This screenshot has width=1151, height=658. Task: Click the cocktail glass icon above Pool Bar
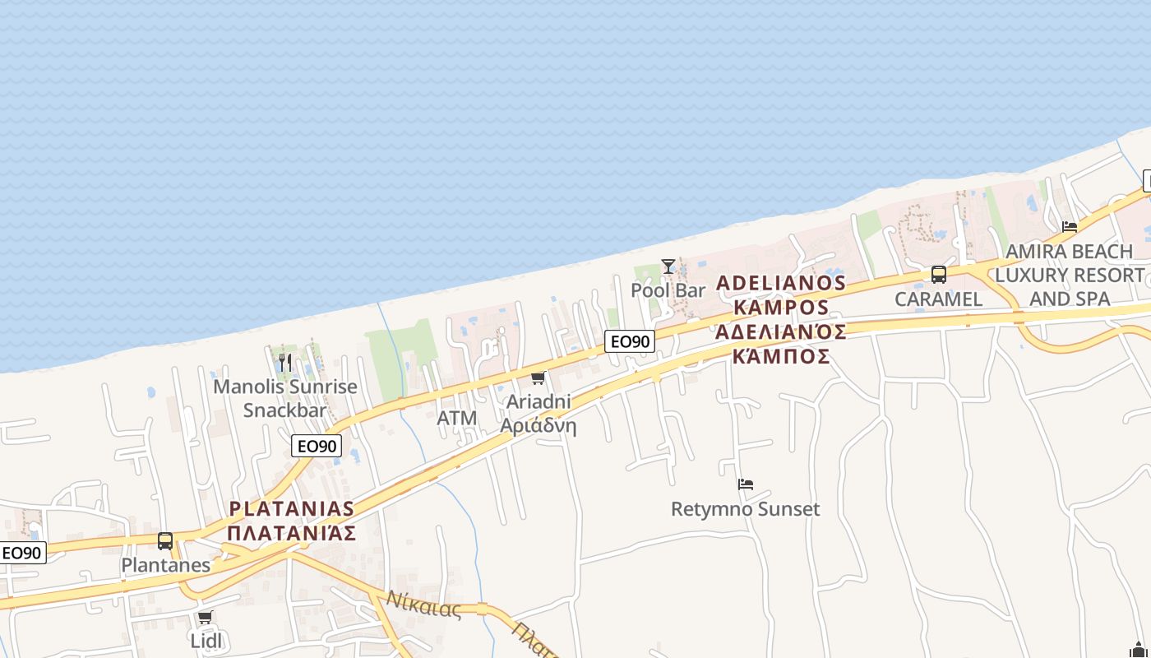pyautogui.click(x=668, y=266)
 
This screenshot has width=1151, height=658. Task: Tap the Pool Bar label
pyautogui.click(x=668, y=290)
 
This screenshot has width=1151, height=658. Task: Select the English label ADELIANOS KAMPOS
pyautogui.click(x=781, y=295)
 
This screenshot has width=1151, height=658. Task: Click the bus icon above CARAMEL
pyautogui.click(x=938, y=275)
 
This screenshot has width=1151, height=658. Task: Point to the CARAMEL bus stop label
pyautogui.click(x=938, y=299)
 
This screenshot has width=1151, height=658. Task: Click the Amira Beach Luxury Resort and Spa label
pyautogui.click(x=1070, y=275)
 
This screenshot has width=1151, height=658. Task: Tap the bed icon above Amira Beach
pyautogui.click(x=1070, y=227)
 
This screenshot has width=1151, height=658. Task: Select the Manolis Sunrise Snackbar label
pyautogui.click(x=285, y=398)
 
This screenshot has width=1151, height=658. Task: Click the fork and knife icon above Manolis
pyautogui.click(x=284, y=362)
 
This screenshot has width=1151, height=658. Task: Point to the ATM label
pyautogui.click(x=457, y=418)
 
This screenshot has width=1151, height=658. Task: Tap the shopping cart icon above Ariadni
pyautogui.click(x=538, y=378)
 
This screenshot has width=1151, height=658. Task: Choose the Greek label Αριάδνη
pyautogui.click(x=539, y=426)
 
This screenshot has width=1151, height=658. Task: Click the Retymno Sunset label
pyautogui.click(x=745, y=509)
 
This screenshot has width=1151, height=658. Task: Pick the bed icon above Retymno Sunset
pyautogui.click(x=746, y=484)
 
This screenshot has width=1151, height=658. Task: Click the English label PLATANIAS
pyautogui.click(x=292, y=508)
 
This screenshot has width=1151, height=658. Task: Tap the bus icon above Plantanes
pyautogui.click(x=165, y=541)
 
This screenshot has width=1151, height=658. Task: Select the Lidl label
pyautogui.click(x=206, y=641)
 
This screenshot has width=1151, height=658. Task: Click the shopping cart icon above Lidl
pyautogui.click(x=205, y=617)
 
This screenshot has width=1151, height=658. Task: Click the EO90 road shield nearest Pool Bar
pyautogui.click(x=630, y=341)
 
